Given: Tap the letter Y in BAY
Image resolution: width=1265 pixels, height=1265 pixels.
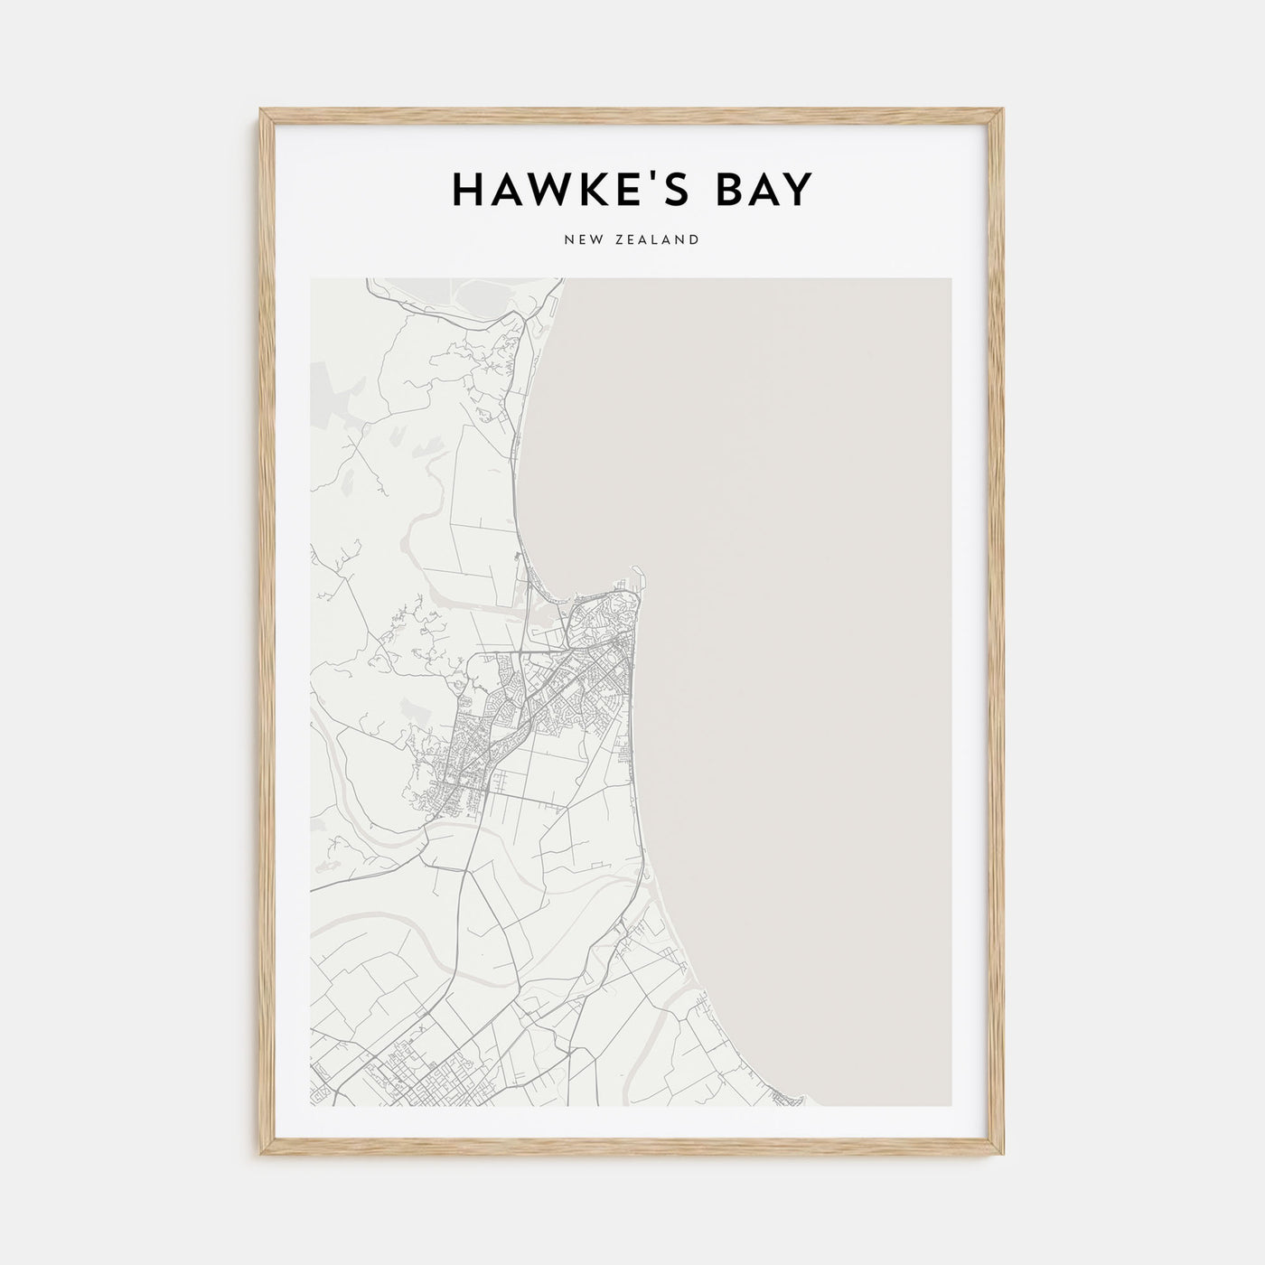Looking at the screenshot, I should [x=799, y=190].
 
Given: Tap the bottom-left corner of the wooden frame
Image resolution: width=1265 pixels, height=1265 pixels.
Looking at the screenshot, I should [x=262, y=1155].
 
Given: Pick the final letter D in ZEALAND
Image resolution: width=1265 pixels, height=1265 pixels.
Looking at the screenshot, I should [x=694, y=240].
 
